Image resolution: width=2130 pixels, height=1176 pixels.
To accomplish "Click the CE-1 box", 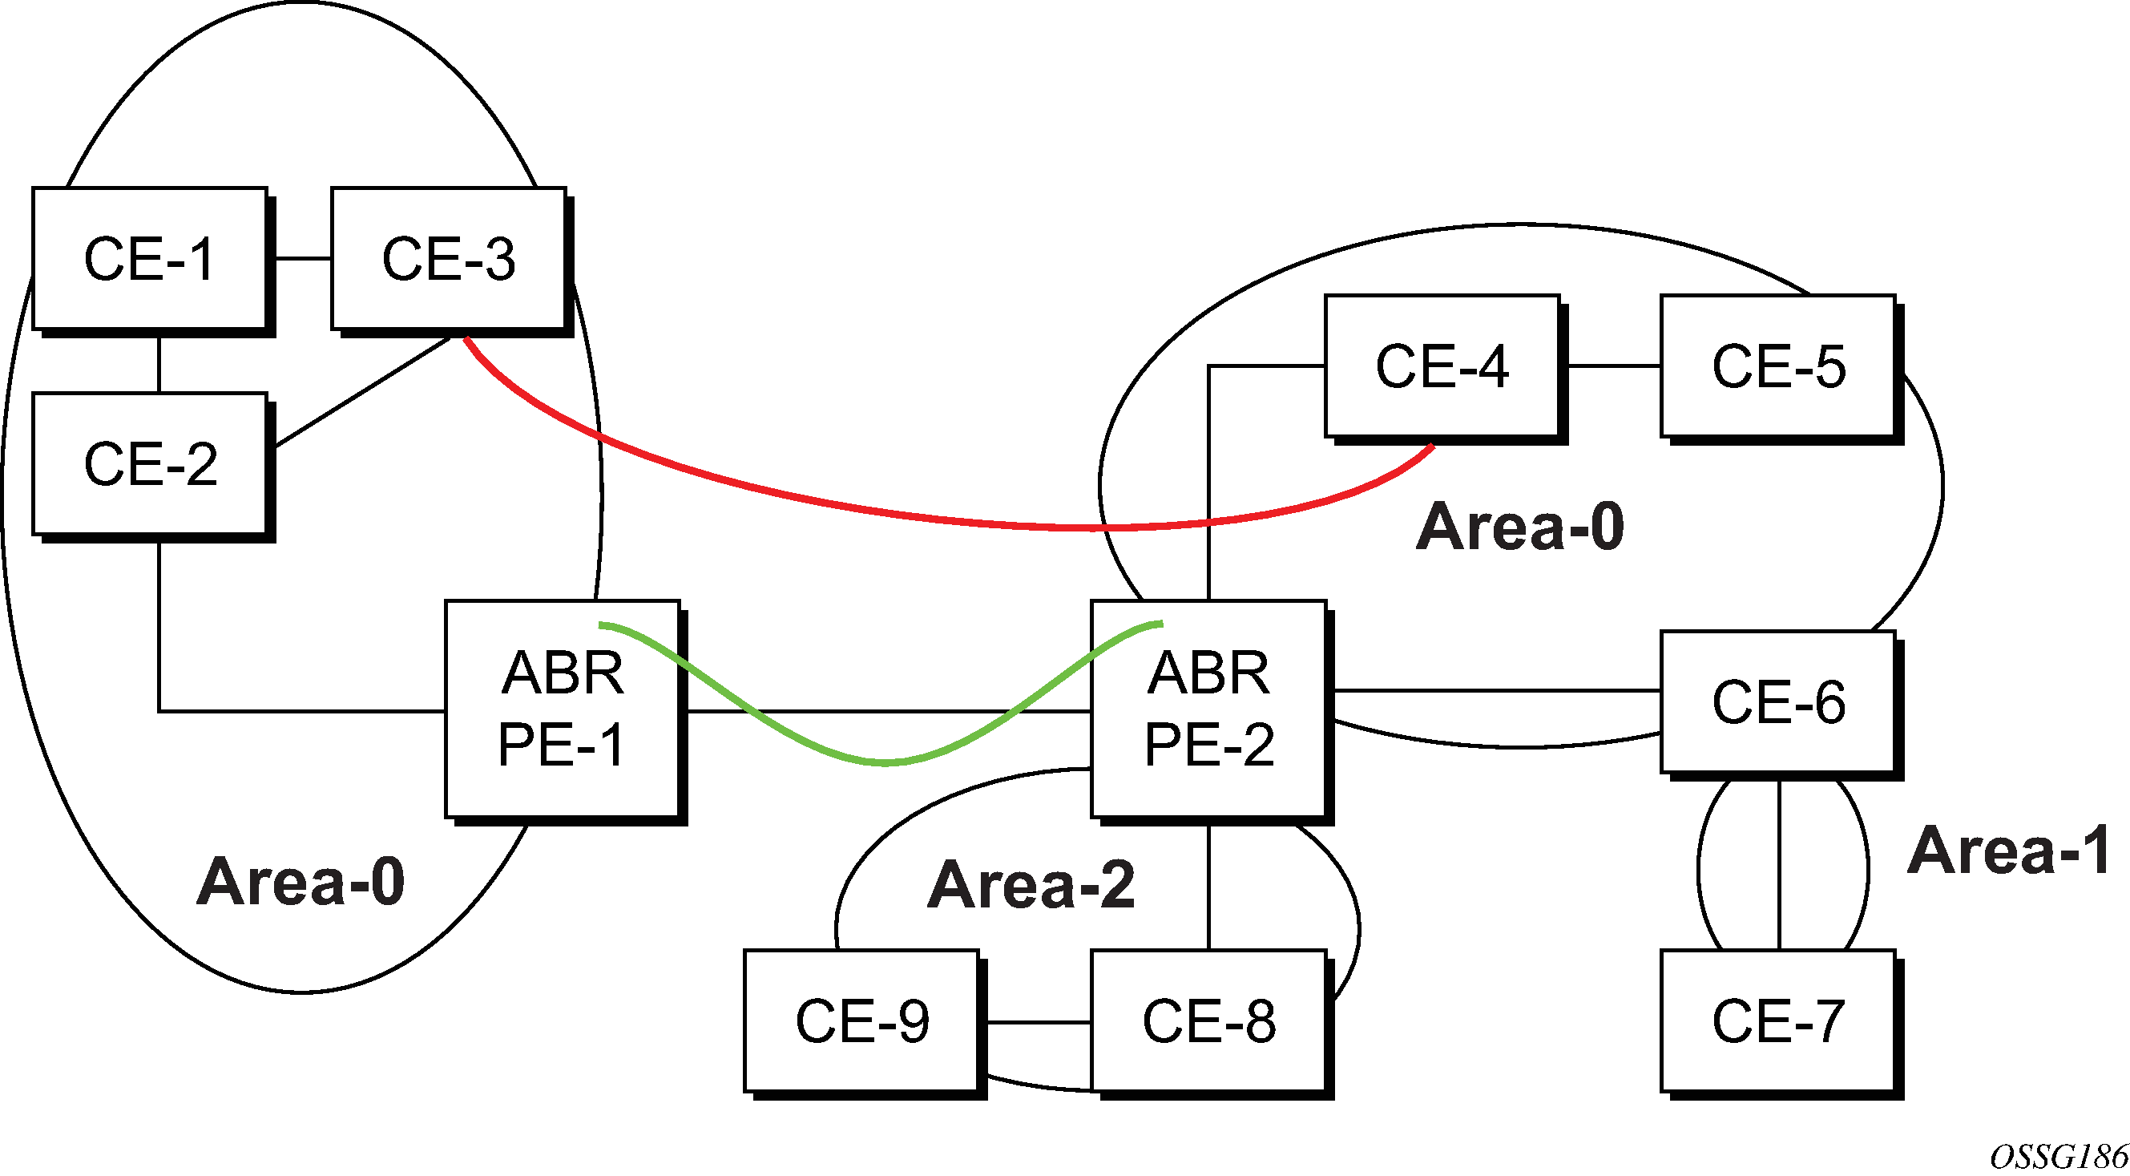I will point(150,259).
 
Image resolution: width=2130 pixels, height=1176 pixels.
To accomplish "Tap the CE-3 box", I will point(448,259).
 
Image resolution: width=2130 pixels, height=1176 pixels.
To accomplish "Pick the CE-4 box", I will point(1442,366).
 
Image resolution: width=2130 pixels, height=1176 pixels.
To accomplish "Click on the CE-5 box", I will point(1777,366).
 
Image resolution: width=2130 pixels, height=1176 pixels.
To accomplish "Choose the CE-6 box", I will point(1777,702).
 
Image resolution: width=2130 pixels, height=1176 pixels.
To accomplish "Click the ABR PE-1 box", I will point(563,709).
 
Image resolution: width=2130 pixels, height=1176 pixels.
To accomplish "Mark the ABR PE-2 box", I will point(1209,709).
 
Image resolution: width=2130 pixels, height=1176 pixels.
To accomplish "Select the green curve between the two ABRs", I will point(885,762).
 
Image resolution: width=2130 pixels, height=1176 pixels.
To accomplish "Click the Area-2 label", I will point(1031,885).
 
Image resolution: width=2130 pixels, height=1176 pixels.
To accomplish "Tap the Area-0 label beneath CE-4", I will point(1520,527).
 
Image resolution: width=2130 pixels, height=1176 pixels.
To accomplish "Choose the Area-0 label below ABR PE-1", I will point(301,882).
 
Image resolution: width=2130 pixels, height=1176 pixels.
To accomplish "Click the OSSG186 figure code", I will point(2059,1156).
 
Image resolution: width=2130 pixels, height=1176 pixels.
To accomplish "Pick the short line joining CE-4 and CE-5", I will point(1610,366).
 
